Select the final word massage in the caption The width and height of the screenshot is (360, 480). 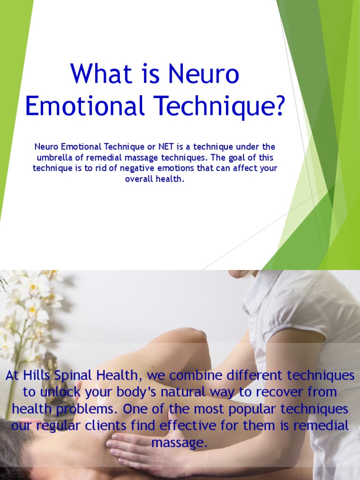click(180, 443)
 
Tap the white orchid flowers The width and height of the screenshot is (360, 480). click(33, 300)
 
